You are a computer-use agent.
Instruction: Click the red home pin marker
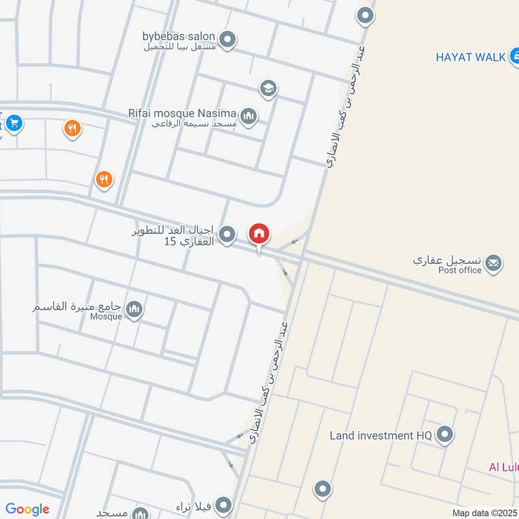click(x=259, y=234)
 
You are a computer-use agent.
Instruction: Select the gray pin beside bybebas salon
click(x=227, y=41)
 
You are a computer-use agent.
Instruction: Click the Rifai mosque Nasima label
click(x=182, y=113)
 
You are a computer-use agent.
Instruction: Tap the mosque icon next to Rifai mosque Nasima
click(x=248, y=117)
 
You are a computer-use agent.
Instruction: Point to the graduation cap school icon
click(x=267, y=88)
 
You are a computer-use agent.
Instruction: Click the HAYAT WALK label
click(x=470, y=57)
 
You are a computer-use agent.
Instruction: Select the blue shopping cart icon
click(x=14, y=122)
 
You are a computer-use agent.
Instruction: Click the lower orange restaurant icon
click(x=104, y=179)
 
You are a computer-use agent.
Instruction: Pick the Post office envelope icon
click(x=492, y=263)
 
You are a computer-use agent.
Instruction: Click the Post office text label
click(x=460, y=271)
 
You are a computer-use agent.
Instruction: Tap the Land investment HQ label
click(x=380, y=435)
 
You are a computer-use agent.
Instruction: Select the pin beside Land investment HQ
click(x=444, y=435)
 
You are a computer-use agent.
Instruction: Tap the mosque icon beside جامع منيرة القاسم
click(x=134, y=309)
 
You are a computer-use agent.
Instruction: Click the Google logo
click(x=27, y=509)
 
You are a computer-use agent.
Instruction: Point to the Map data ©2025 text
click(x=483, y=513)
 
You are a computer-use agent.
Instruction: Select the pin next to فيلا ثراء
click(x=223, y=505)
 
